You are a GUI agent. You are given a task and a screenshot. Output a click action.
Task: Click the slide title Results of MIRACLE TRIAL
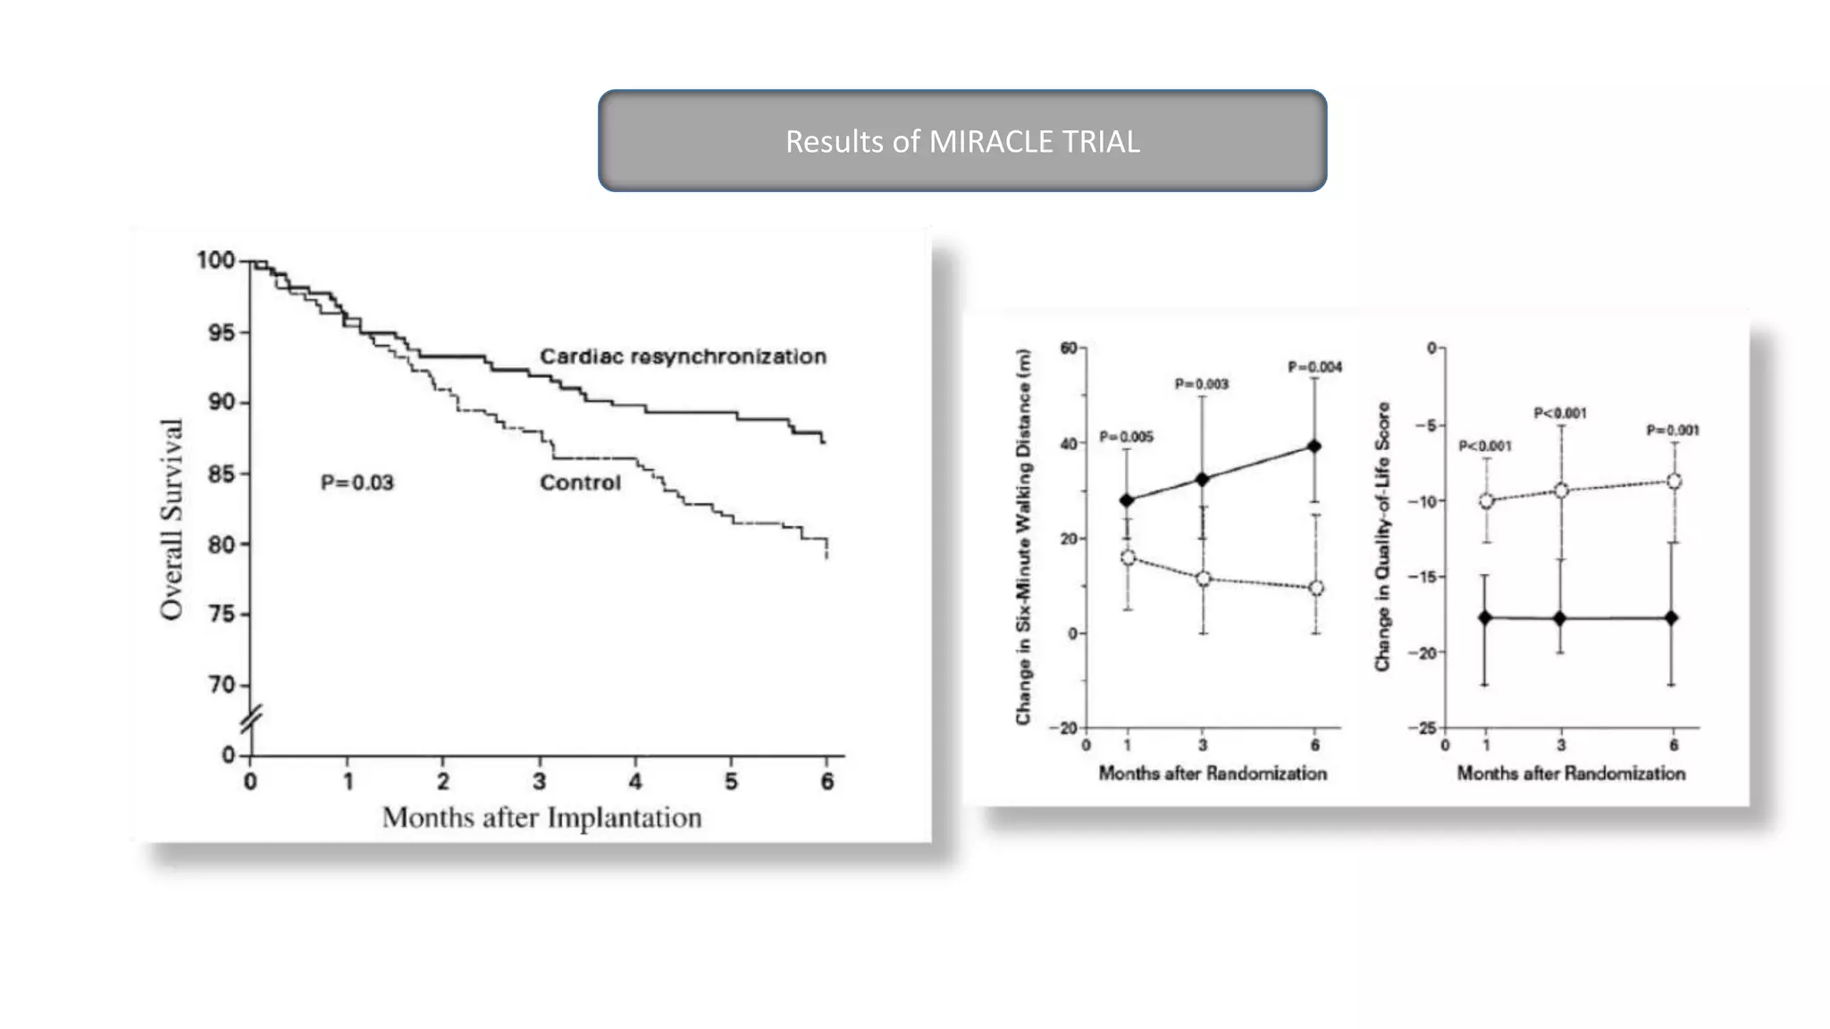point(962,141)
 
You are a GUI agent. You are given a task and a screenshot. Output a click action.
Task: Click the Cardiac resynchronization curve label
point(683,356)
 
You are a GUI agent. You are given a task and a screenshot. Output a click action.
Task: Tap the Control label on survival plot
point(580,482)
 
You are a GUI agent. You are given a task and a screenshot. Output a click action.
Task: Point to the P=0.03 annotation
point(357,482)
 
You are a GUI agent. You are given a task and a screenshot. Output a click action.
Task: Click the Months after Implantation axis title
point(541,817)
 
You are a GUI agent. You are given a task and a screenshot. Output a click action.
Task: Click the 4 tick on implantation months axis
point(635,782)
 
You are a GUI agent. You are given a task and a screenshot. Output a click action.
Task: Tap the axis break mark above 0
point(252,719)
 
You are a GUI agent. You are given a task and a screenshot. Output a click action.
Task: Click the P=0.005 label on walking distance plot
point(1126,437)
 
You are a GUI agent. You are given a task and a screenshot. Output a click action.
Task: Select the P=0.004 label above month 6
point(1314,367)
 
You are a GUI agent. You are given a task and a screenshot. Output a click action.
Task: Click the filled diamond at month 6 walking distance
point(1314,446)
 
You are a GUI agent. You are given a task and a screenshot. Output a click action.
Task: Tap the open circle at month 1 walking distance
point(1128,557)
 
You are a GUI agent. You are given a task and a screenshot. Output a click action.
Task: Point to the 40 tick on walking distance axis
point(1068,444)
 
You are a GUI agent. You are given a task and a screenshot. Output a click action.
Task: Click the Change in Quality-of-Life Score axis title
point(1382,536)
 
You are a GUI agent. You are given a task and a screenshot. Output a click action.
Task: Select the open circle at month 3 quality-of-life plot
point(1561,490)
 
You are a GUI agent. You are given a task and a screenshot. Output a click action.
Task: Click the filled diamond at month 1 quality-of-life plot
point(1485,617)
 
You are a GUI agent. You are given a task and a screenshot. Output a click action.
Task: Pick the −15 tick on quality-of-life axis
point(1423,577)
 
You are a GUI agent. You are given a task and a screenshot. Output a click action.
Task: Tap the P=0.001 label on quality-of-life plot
point(1673,431)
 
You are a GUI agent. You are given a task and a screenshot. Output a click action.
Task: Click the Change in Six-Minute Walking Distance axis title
point(1023,536)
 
